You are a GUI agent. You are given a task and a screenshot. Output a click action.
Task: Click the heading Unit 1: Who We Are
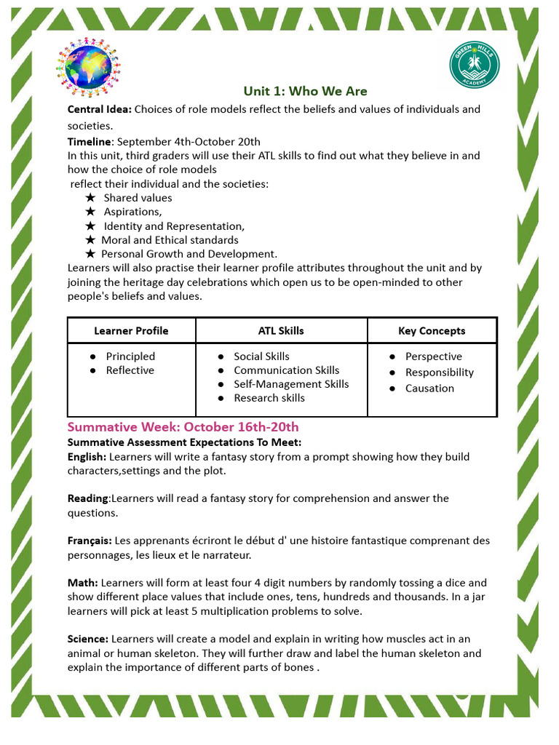coord(305,91)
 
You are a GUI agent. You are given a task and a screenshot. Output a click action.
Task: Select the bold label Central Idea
coord(100,109)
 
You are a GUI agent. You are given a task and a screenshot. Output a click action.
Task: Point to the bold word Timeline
coord(90,141)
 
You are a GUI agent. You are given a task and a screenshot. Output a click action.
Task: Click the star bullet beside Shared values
coord(90,197)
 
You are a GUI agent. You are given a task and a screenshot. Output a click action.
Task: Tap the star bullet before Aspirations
coord(90,211)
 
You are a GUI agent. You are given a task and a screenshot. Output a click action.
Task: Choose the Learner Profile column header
coord(131,330)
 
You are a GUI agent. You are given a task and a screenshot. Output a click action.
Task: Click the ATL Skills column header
coord(281,330)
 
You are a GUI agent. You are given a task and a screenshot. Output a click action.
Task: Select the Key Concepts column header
coord(432,330)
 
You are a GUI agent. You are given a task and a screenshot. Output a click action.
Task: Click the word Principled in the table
coord(130,356)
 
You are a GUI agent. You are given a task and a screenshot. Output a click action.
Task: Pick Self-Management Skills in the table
coord(291,383)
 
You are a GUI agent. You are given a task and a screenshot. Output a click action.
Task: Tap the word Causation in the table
coord(429,388)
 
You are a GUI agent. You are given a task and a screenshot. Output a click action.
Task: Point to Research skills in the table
coord(269,397)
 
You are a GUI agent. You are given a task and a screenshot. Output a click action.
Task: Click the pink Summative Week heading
coord(183,426)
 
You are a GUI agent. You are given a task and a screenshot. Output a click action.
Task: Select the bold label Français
coord(90,541)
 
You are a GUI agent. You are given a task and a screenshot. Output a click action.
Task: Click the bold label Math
coord(83,583)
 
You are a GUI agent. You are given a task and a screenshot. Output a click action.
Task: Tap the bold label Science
coord(88,639)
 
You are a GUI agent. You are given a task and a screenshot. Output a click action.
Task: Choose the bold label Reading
coord(88,498)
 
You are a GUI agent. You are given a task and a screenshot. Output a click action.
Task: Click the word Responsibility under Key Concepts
coord(440,372)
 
